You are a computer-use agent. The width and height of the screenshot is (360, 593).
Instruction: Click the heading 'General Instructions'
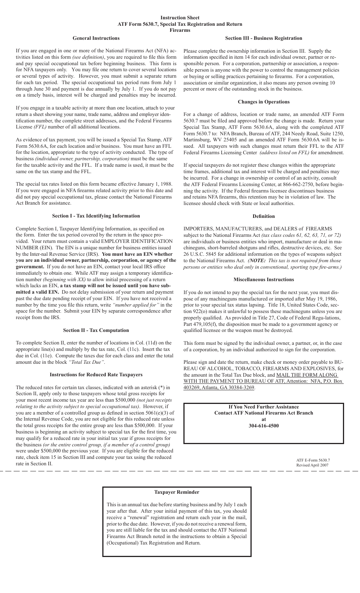coord(96,38)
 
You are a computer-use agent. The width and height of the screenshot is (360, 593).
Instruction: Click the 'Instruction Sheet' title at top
coord(180,17)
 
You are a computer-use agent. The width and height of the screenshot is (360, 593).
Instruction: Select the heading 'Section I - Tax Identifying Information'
coord(96,216)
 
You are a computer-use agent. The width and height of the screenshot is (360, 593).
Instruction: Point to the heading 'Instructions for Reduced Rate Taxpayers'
coord(96,374)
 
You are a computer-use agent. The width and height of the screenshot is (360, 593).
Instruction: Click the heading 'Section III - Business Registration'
coord(263,38)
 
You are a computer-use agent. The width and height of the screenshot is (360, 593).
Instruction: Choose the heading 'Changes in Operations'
coord(263,102)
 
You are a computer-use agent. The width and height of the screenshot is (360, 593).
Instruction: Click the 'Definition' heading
coord(263,216)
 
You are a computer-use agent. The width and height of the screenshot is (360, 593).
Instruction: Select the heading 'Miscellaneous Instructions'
coord(263,279)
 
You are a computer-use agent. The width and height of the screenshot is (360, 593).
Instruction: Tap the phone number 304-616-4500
coord(263,426)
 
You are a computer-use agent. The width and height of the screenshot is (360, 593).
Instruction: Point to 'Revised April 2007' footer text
coord(312,465)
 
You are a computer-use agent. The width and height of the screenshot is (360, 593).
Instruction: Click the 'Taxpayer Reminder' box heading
coord(177,492)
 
